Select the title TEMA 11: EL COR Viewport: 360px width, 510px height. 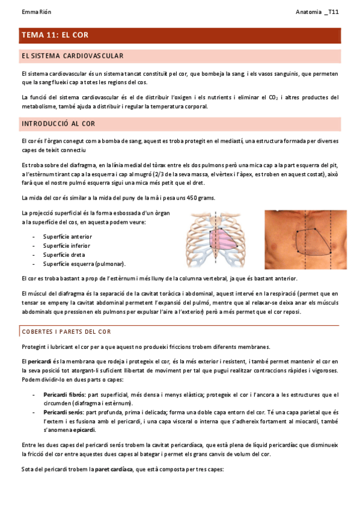click(55, 35)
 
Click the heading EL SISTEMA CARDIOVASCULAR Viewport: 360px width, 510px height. click(72, 57)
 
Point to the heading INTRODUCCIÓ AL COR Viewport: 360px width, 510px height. click(58, 124)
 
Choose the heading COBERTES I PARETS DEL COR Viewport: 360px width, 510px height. click(66, 332)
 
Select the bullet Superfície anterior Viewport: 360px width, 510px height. click(67, 237)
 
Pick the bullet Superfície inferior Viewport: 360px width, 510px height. click(67, 246)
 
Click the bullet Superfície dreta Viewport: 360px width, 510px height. click(64, 255)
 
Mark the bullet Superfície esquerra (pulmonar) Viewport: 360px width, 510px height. click(85, 264)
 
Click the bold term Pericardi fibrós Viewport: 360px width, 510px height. click(64, 395)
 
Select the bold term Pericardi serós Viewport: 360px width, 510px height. click(63, 413)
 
